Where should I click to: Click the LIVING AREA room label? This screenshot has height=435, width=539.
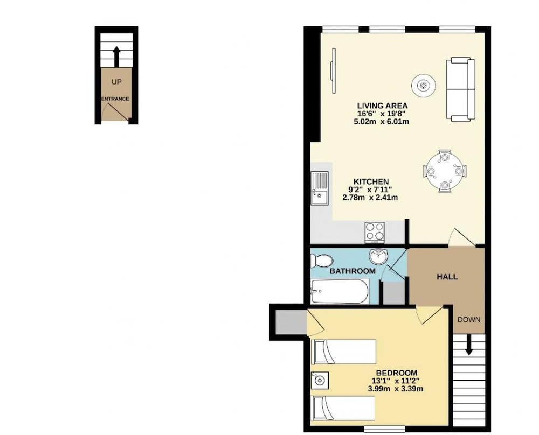tap(382, 106)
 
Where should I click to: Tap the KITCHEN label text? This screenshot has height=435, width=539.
tap(371, 181)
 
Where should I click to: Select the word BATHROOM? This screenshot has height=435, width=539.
tap(353, 271)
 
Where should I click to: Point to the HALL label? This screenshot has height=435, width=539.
tap(447, 277)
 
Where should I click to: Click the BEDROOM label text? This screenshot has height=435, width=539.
tap(397, 373)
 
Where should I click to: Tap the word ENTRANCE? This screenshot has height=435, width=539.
tap(115, 99)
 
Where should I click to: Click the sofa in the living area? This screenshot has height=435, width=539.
tap(461, 89)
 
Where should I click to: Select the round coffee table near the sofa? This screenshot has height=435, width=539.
tap(424, 85)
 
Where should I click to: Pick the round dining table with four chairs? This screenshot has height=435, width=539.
tap(445, 171)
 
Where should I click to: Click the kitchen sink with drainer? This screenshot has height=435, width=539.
tap(79, 188)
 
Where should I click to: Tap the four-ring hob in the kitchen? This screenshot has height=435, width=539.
tap(375, 231)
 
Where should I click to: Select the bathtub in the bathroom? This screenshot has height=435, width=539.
tap(340, 291)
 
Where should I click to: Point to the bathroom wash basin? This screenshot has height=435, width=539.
tap(378, 256)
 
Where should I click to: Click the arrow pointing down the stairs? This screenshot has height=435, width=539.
tap(468, 345)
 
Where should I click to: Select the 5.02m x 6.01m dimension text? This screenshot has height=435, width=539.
tap(381, 121)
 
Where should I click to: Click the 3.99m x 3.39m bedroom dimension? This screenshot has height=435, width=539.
tap(395, 389)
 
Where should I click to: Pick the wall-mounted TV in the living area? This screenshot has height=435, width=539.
tap(333, 71)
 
